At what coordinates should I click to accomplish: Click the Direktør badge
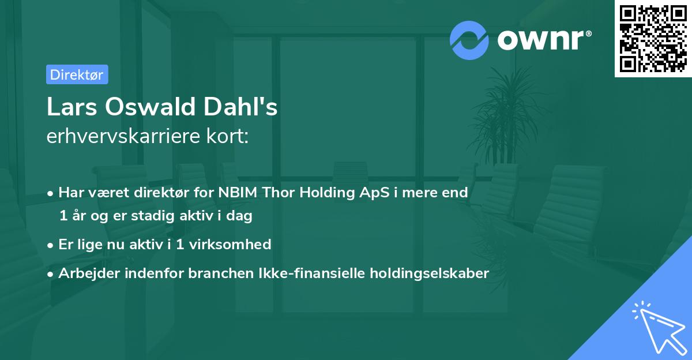(77, 74)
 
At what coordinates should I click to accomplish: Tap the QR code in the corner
(652, 39)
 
